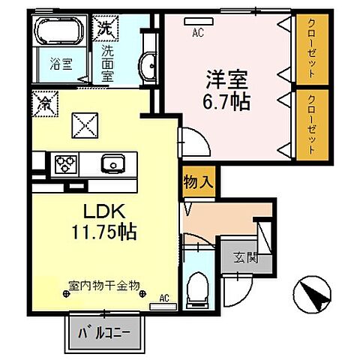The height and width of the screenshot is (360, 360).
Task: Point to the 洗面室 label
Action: pos(106,64)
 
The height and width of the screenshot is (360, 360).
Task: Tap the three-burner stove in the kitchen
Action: pos(64,162)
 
